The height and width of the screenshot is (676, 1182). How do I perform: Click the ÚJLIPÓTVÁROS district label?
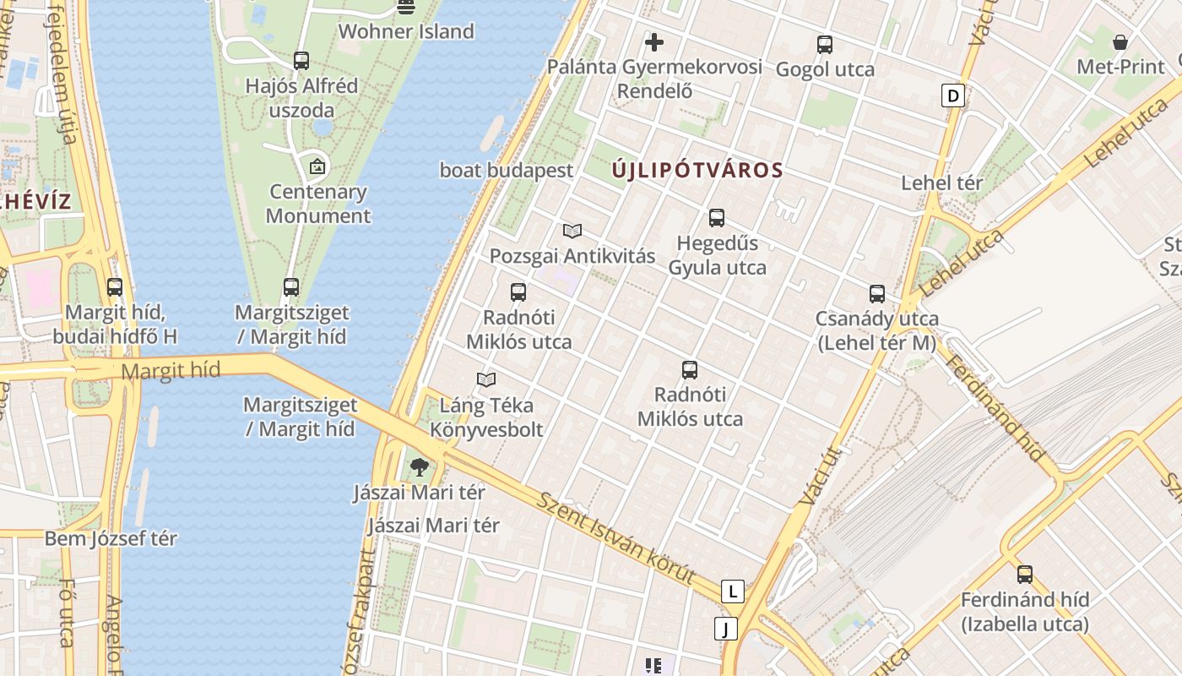[x=697, y=170]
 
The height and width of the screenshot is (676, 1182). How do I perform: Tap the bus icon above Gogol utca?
[x=825, y=45]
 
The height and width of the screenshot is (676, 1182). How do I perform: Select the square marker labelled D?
[x=953, y=95]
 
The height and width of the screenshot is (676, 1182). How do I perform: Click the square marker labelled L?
[x=733, y=591]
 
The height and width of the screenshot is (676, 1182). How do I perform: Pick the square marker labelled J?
[x=725, y=629]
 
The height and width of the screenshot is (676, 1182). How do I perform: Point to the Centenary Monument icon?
[x=317, y=166]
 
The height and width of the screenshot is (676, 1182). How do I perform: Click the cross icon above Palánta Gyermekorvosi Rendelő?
[x=653, y=41]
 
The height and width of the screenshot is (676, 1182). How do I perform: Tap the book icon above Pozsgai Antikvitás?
[x=572, y=231]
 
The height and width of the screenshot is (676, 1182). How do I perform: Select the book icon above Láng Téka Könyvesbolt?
[x=486, y=380]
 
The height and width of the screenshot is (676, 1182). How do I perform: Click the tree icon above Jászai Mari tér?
[x=419, y=466]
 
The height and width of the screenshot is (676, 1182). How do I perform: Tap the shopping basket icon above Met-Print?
[x=1120, y=41]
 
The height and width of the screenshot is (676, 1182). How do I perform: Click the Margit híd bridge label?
[x=171, y=370]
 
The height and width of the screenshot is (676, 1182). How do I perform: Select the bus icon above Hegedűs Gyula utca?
[x=717, y=218]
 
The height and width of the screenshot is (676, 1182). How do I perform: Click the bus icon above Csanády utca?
[x=877, y=294]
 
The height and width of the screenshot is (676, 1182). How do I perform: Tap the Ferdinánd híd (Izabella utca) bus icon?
[x=1024, y=575]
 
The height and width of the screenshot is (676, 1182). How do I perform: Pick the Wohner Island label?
[x=406, y=32]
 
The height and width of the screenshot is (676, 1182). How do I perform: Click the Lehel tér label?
[x=942, y=183]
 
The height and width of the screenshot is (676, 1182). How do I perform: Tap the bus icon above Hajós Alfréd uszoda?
[x=301, y=61]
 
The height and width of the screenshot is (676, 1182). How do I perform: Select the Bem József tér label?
[x=111, y=538]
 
